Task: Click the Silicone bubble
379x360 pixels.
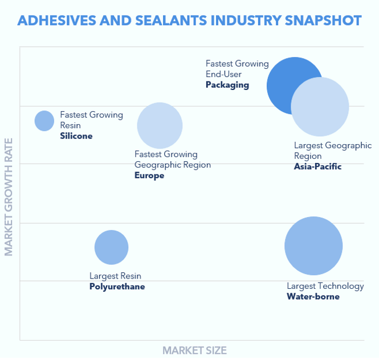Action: [x=44, y=121]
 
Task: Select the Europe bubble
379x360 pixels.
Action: [x=160, y=125]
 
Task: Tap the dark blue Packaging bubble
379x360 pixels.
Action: [x=285, y=80]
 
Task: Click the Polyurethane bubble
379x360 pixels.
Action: [x=111, y=247]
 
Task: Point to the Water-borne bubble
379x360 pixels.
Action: [x=313, y=246]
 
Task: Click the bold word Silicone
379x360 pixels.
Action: [x=76, y=136]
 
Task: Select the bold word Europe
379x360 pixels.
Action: [x=149, y=175]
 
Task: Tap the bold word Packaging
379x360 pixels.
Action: [x=227, y=85]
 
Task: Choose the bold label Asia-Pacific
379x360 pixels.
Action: [x=317, y=166]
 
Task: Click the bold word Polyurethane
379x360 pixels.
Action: [x=117, y=287]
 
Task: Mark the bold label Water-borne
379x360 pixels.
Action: [x=313, y=296]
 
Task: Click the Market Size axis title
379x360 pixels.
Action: [x=194, y=350]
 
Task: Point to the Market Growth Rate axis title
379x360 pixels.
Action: [x=9, y=197]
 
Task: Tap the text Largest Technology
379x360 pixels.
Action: [x=325, y=286]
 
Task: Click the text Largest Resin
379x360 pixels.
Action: [x=115, y=276]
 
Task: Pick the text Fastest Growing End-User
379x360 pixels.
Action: [x=237, y=68]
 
